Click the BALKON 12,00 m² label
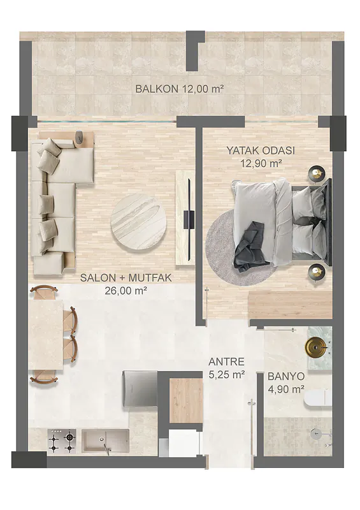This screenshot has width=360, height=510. coord(180,89)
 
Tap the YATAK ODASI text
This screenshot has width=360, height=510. coord(261,150)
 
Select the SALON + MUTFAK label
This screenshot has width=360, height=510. coord(126,278)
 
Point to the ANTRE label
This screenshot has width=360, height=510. coord(226,361)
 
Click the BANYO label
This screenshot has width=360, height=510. coord(286,376)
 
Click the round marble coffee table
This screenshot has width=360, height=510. coord(138,223)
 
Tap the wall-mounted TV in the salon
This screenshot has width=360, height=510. coord(189,219)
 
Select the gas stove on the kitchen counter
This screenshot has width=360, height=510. coord(62,441)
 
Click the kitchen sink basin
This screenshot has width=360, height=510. coord(105,441)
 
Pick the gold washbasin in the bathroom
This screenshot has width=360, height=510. coord(314,347)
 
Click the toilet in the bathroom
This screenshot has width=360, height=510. coord(318,398)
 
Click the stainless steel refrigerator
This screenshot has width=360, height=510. coord(140,389)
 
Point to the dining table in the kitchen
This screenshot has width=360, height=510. coord(45,335)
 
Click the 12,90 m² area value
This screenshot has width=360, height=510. coord(261,163)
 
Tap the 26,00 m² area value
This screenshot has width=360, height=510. coord(126,291)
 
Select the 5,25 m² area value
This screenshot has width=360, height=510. coord(226,375)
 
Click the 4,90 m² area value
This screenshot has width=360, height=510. coord(286,389)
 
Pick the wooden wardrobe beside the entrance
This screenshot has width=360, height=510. coord(186,400)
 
